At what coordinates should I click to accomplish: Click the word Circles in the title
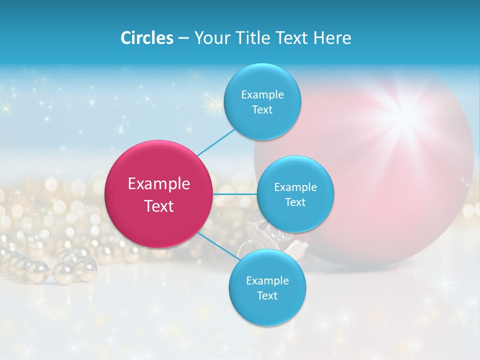(x=146, y=38)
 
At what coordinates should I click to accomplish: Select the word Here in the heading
(x=332, y=38)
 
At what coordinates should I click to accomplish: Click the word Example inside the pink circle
(x=159, y=184)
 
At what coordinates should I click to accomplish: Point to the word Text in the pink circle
(x=159, y=206)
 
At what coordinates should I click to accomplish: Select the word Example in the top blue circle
(x=262, y=94)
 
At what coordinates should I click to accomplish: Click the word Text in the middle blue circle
(x=295, y=202)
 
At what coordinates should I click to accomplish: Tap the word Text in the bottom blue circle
(x=267, y=295)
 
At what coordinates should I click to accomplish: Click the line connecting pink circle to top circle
(x=216, y=142)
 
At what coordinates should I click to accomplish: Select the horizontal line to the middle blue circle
(x=234, y=193)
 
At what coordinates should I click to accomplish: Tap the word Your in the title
(x=210, y=38)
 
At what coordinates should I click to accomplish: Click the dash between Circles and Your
(x=183, y=38)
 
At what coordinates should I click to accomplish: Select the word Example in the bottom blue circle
(x=267, y=280)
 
